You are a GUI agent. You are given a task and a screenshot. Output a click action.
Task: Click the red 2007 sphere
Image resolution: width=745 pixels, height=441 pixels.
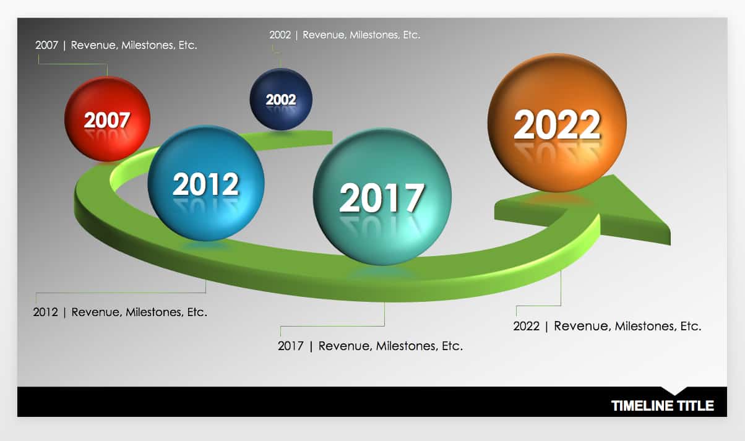tap(107, 119)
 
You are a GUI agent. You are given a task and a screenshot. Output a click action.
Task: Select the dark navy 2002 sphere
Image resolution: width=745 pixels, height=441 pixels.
tap(281, 99)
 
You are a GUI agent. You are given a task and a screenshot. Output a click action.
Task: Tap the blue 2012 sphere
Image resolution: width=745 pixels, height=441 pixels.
tap(206, 183)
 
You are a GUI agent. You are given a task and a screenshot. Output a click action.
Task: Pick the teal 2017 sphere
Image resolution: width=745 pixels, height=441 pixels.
tap(382, 197)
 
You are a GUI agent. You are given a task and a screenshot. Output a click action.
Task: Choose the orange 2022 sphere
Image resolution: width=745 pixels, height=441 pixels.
tap(557, 123)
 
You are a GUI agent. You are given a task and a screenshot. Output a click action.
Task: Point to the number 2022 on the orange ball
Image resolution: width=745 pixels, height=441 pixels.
tap(557, 124)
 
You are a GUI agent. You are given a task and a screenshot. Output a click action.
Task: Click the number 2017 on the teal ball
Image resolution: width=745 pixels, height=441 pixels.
tap(382, 198)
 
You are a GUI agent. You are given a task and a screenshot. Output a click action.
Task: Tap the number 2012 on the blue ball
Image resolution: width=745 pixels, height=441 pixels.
tap(206, 184)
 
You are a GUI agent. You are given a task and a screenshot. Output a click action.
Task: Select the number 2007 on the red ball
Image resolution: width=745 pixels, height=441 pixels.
tap(107, 120)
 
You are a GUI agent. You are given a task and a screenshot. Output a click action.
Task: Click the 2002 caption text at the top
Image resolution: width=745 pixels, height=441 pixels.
tap(345, 35)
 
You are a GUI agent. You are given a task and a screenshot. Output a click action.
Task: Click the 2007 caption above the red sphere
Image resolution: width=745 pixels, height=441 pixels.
tap(116, 45)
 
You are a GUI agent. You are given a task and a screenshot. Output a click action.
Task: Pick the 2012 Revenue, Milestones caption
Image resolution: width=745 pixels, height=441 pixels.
tap(120, 312)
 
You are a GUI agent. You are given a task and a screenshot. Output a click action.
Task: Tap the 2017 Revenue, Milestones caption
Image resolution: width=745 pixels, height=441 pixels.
tap(370, 346)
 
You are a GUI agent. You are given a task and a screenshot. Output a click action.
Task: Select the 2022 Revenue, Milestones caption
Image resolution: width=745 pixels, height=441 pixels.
tap(607, 326)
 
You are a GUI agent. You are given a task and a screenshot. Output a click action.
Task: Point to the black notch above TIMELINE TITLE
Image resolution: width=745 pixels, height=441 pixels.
tap(674, 391)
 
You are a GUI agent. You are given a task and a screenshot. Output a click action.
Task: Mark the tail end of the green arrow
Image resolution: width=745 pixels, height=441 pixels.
tap(332, 137)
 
